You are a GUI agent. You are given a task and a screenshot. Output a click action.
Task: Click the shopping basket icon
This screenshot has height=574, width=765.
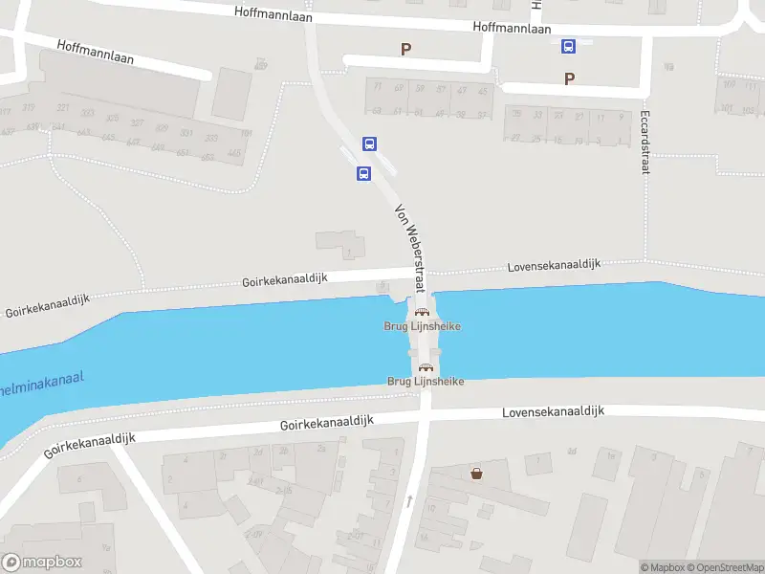(x=476, y=473)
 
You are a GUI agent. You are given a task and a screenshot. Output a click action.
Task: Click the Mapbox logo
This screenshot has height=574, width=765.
(x=41, y=563)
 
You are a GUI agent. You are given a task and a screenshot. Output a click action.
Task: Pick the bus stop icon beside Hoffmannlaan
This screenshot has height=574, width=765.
(x=568, y=46)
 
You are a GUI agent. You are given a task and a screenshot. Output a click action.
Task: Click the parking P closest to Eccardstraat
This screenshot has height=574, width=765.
(x=570, y=79)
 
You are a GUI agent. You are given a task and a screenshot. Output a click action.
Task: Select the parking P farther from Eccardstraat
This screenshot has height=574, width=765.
(x=405, y=49)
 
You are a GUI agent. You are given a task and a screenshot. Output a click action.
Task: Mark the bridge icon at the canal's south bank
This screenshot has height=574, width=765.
(x=426, y=367)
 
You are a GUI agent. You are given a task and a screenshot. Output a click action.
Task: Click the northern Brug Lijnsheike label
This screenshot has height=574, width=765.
(x=423, y=326)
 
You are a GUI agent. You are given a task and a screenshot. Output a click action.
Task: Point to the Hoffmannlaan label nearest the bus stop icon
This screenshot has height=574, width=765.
(x=513, y=29)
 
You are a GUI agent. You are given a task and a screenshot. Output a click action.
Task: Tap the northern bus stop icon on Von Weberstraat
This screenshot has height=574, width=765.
(x=369, y=144)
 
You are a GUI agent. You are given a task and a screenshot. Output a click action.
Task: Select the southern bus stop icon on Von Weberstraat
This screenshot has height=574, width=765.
(x=363, y=174)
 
